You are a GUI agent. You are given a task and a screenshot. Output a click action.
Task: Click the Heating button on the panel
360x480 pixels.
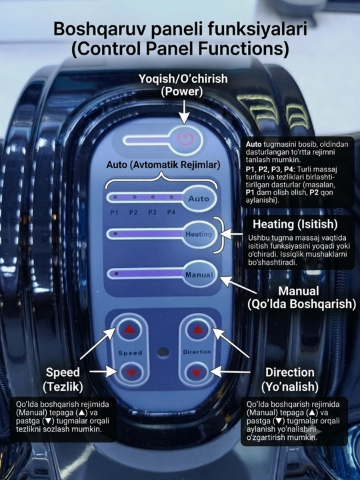(199, 235)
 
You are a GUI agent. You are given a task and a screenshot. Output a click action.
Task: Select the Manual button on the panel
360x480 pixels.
(199, 275)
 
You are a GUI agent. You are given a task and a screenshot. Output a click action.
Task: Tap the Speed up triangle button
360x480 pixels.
(129, 329)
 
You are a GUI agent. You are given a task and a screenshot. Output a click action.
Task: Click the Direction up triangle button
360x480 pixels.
(197, 329)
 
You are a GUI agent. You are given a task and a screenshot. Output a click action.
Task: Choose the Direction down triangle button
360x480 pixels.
(197, 372)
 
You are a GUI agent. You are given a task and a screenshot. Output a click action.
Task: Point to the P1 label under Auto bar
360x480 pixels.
(114, 213)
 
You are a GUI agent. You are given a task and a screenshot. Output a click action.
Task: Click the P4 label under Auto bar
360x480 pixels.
(171, 212)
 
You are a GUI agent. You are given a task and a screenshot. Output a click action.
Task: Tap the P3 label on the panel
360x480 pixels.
(152, 212)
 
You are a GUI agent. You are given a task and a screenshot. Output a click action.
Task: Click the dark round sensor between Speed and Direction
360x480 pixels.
(163, 352)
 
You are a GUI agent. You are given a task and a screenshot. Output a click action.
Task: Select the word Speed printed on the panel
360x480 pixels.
(130, 353)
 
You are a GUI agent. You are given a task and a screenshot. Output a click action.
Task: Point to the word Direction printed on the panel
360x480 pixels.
(197, 352)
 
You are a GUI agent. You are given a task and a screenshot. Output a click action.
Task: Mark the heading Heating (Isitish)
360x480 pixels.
(295, 224)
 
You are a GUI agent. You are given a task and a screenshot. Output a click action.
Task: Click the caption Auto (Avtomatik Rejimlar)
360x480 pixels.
(163, 165)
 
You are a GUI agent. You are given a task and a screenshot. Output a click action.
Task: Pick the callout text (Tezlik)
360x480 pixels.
(63, 387)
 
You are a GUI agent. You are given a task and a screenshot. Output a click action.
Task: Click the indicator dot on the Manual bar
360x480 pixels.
(116, 274)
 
